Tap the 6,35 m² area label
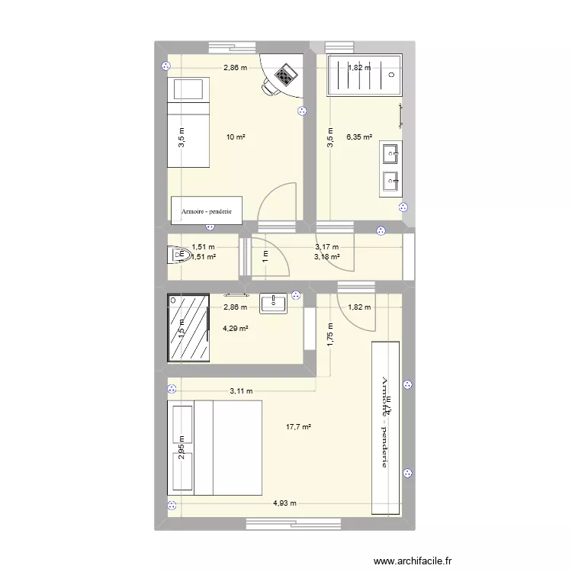[360, 137]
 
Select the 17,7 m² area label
[298, 427]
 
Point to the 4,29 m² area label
[235, 329]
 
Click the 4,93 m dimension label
[286, 503]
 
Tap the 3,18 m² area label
[326, 256]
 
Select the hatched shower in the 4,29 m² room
[190, 329]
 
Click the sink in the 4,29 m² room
[273, 304]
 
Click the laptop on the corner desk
[285, 75]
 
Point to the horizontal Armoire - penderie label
[207, 210]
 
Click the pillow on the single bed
[187, 90]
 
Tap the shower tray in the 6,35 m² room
[364, 76]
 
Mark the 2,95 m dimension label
[182, 448]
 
